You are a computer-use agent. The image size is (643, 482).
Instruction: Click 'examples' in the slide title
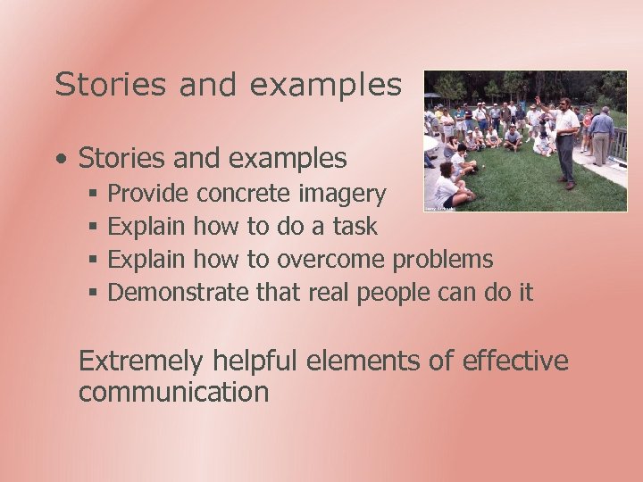pos(326,85)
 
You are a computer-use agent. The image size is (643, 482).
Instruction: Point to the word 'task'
pos(355,227)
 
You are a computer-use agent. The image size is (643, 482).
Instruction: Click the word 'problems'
pos(443,260)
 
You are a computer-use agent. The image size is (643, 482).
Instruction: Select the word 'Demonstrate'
pos(178,292)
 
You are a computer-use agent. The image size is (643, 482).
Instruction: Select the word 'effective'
pos(515,361)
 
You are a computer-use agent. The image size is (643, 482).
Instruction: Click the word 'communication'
pos(173,392)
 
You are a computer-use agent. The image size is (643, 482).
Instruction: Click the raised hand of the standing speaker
pos(538,99)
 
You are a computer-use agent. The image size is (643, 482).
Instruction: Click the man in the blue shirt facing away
pos(602,134)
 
